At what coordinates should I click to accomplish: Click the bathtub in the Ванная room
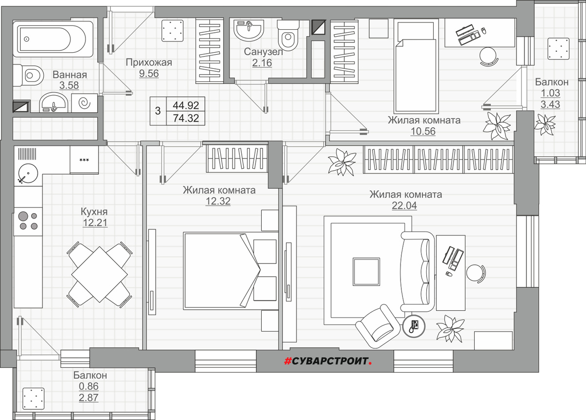[x=53, y=39]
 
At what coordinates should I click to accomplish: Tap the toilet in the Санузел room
[x=288, y=36]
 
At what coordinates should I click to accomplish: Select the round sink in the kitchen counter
[x=28, y=173]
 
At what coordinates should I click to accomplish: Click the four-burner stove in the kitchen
[x=28, y=221]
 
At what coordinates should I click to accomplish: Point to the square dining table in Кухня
[x=100, y=274]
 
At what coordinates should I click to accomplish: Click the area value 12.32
[x=218, y=201]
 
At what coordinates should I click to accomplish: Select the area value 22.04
[x=404, y=206]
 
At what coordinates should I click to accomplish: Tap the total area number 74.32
[x=186, y=118]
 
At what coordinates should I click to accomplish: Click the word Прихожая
[x=149, y=62]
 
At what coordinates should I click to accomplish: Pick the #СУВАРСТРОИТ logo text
[x=328, y=361]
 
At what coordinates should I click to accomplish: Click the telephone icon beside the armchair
[x=414, y=326]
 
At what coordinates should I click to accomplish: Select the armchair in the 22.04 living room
[x=377, y=326]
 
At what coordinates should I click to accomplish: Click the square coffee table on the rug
[x=366, y=272]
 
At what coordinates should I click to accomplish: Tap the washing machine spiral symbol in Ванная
[x=84, y=103]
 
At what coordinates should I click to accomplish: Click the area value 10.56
[x=423, y=131]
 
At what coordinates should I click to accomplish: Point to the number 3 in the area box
[x=157, y=111]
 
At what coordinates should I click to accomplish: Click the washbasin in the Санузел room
[x=249, y=31]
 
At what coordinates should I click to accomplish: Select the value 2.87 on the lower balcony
[x=88, y=398]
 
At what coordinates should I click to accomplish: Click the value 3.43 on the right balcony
[x=550, y=104]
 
